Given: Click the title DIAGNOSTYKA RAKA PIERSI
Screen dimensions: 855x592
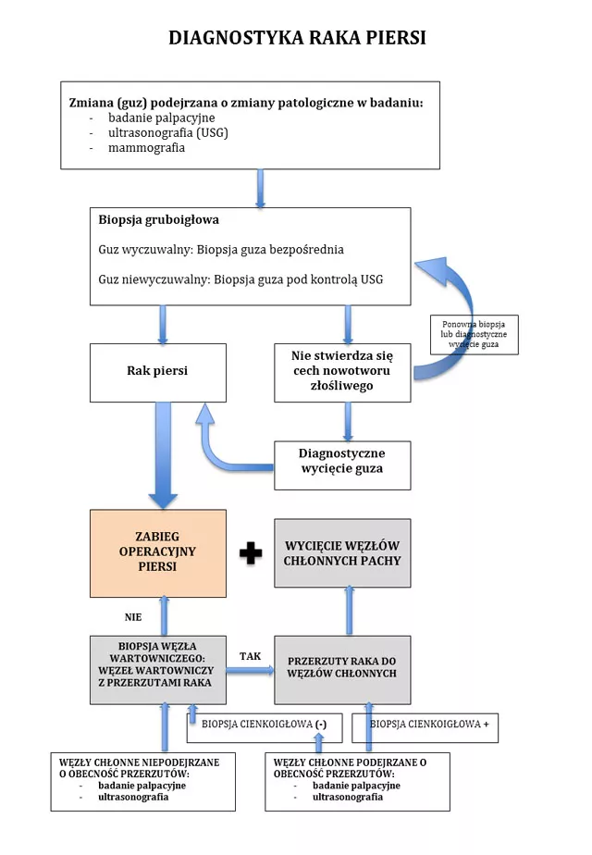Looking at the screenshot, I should coord(296,38).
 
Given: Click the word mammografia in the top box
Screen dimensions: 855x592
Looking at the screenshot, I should coord(146,148).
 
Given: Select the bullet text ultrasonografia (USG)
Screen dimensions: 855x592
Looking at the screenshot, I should coord(167,133).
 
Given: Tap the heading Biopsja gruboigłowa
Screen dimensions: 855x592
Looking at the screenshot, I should coord(158,221).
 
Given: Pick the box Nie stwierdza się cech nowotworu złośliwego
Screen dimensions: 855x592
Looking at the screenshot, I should coord(342,372).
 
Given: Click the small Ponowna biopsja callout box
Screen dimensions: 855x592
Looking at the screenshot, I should coord(475,334).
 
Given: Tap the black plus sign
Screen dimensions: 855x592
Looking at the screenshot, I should coord(251,553).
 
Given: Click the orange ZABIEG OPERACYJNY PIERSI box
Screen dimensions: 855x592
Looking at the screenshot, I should coord(157,552).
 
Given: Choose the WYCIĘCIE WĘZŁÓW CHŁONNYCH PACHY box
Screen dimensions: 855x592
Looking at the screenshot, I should coord(342,552).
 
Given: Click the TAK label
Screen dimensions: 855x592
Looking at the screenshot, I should coord(250,656).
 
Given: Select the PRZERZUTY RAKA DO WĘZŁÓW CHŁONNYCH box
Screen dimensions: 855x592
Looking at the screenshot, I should coord(342,668).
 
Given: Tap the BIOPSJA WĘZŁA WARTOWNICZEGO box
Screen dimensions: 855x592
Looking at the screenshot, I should coord(157,669).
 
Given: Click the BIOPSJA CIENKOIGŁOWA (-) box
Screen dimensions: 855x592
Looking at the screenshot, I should coord(264,725).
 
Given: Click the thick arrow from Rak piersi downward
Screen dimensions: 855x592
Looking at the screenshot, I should coord(163,453).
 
